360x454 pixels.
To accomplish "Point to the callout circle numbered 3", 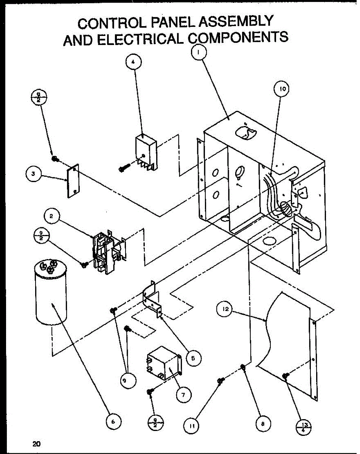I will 34,174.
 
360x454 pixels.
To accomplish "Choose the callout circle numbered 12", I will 225,309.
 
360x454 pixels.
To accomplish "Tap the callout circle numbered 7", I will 183,395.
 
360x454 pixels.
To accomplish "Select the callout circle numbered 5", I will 193,358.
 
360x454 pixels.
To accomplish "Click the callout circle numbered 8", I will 262,424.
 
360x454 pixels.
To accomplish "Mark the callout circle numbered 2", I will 51,217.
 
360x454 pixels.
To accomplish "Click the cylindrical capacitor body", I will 51,299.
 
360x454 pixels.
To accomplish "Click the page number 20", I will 36,443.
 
